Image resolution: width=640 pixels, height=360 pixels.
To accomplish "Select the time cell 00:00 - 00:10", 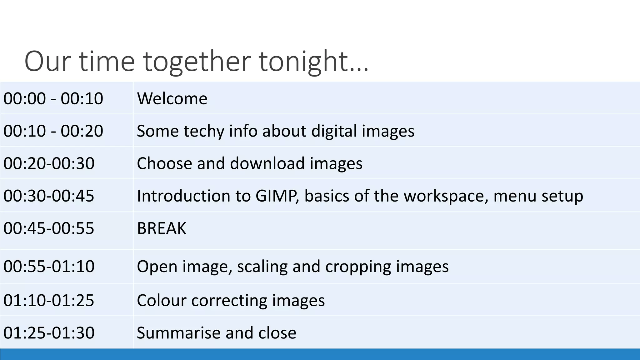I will point(53,98).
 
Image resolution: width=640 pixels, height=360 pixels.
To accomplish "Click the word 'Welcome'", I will point(172,98).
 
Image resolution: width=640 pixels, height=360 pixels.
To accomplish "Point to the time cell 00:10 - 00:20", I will point(53,131).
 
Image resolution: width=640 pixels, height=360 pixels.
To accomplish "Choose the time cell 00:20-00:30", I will point(49,163).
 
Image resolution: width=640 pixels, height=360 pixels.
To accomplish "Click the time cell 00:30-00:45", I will point(49,196).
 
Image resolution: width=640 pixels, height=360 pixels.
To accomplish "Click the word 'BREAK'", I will point(161,228).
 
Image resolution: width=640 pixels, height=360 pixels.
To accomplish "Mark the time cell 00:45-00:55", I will point(49,228).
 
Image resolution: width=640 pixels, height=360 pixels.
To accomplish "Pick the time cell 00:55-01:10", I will point(49,266).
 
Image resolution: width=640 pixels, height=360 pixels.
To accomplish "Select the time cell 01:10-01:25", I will point(49,300).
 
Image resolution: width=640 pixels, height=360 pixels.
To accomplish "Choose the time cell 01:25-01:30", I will point(49,332).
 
